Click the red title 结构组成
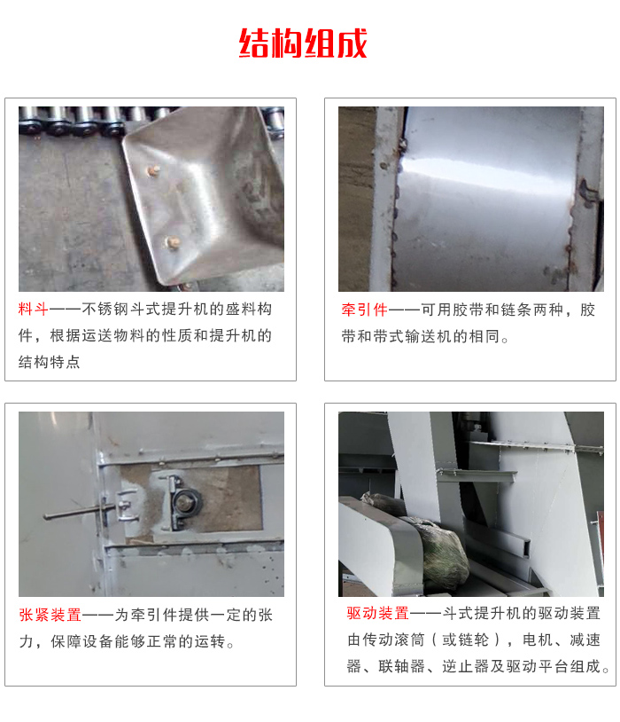[303, 43]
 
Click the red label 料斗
[34, 310]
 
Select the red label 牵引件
[365, 310]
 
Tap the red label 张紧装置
[50, 615]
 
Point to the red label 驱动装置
[377, 613]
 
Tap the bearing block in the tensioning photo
[184, 502]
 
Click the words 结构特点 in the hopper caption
[50, 362]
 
